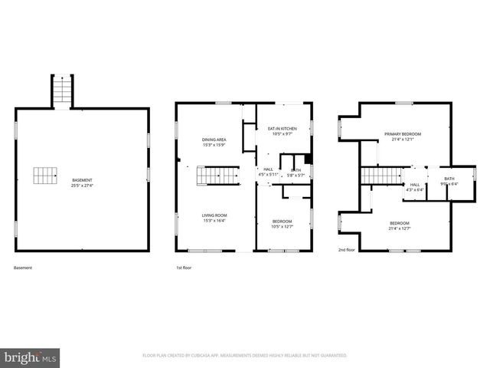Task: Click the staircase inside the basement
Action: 45,176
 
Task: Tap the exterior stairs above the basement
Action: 61,91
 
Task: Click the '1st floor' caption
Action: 185,268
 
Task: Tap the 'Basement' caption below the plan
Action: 23,268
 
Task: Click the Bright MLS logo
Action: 30,357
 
